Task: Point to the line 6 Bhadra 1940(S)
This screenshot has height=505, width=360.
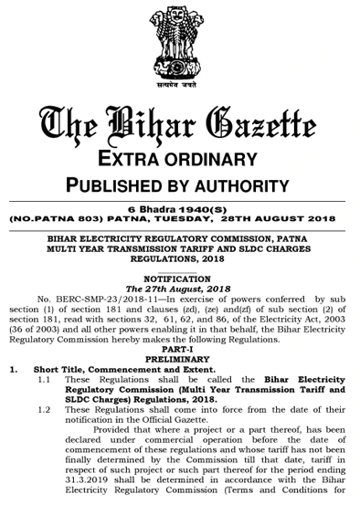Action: pyautogui.click(x=181, y=209)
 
